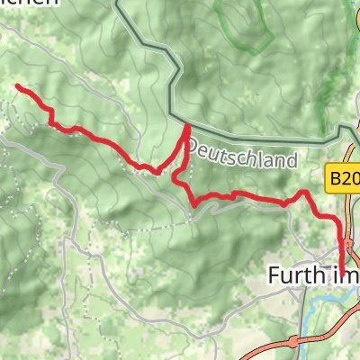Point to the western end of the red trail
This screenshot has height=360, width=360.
pos(18,86)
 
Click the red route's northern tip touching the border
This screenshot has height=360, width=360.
pos(187,128)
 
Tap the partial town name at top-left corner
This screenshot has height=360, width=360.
pos(27,4)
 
